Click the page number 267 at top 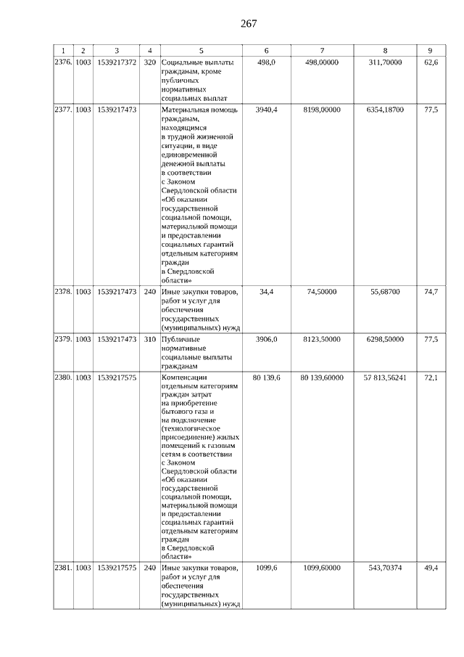249,23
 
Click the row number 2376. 63,63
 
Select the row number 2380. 63,378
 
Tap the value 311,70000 385,63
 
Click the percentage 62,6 431,63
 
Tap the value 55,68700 385,292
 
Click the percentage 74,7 431,292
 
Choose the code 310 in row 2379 150,339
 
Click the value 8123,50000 322,339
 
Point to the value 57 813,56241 385,378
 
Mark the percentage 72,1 431,378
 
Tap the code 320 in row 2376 150,63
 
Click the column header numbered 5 201,50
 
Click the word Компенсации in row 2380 185,378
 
